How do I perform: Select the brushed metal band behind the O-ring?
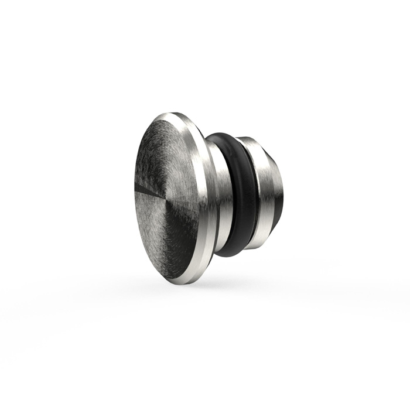(261, 193)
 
